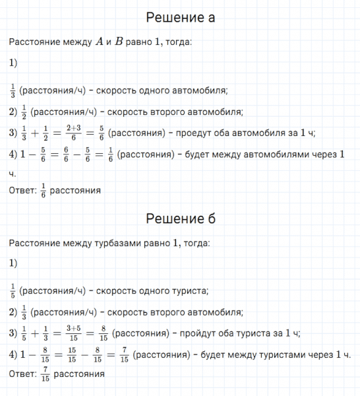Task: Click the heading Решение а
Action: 179,18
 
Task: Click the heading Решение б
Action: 180,218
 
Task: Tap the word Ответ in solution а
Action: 20,191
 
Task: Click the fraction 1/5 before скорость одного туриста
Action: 13,290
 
